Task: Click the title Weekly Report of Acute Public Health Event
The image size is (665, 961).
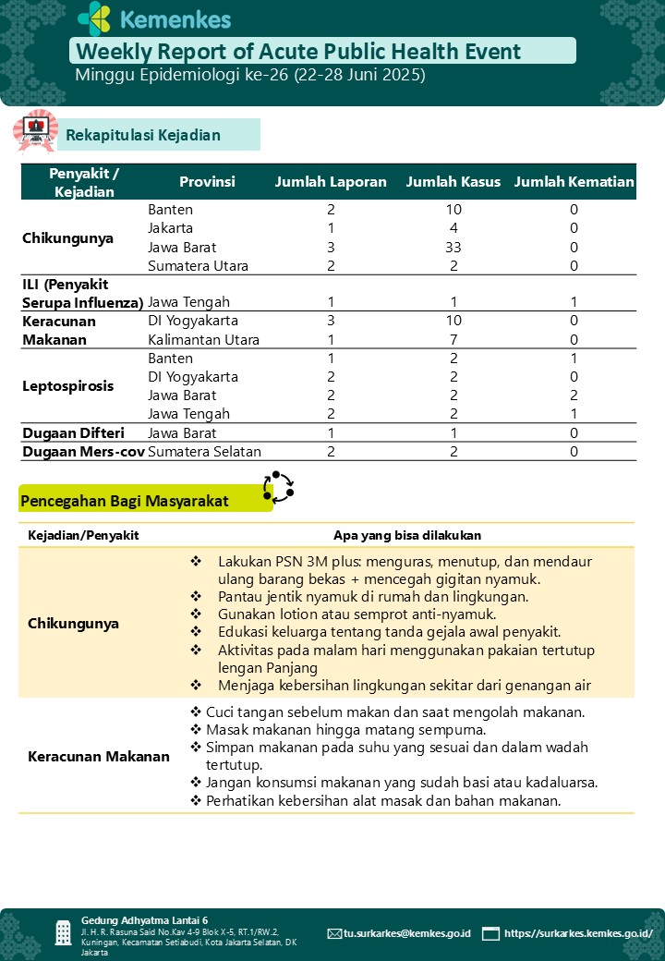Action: [x=298, y=52]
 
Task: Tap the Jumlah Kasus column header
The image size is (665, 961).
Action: [x=453, y=182]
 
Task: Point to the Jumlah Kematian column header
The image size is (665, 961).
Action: [x=574, y=182]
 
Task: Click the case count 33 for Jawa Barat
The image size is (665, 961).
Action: [x=453, y=248]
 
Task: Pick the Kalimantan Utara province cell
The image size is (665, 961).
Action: [x=203, y=340]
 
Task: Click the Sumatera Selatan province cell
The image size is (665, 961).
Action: [x=204, y=452]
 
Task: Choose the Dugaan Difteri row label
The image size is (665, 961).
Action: [x=73, y=433]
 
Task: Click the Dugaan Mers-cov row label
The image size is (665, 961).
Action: [x=83, y=452]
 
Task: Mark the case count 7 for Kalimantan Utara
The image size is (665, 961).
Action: [x=453, y=340]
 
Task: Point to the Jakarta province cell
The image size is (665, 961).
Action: [x=171, y=228]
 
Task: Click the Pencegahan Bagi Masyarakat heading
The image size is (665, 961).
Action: [x=124, y=501]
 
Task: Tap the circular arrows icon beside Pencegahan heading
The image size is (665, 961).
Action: [x=278, y=486]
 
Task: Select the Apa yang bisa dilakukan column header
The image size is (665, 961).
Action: [x=407, y=535]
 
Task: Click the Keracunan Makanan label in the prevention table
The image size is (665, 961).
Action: [x=99, y=757]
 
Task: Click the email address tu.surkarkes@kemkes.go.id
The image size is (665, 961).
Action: [x=406, y=933]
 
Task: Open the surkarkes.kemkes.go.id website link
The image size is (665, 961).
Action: [x=578, y=933]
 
